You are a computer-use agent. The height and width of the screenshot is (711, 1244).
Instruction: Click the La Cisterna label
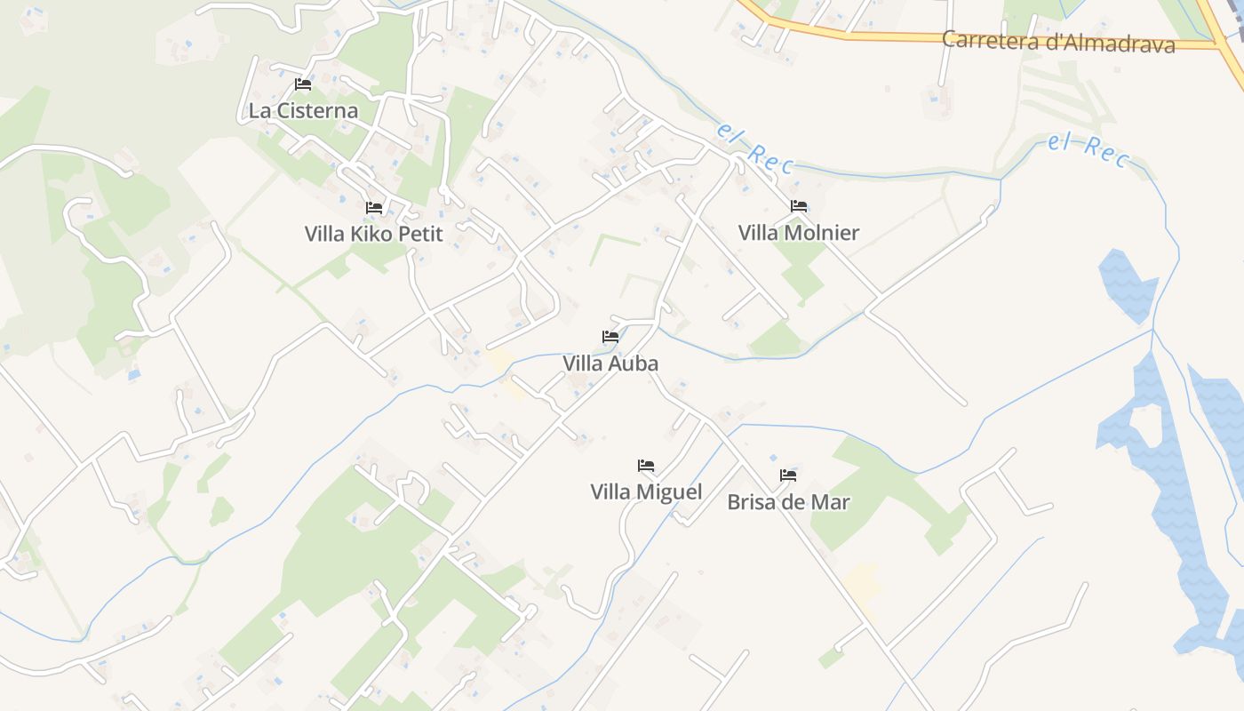303,111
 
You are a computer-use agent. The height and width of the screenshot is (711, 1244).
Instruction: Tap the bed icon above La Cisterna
303,84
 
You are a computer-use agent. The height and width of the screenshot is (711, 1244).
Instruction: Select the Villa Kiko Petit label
373,234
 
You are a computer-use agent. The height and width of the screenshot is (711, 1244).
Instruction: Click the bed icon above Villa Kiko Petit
374,208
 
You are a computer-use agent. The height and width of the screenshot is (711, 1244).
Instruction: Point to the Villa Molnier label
799,233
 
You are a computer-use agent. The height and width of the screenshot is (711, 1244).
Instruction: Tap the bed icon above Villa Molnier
799,206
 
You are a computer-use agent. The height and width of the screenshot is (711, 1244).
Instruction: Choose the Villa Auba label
610,363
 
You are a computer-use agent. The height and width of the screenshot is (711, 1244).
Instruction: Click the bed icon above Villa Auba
610,337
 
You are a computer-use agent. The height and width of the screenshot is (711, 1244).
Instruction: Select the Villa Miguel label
646,492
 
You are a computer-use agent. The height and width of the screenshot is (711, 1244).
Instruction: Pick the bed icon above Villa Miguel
646,466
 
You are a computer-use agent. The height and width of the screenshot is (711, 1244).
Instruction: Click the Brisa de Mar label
788,502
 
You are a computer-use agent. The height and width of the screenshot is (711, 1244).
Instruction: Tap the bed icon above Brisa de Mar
788,475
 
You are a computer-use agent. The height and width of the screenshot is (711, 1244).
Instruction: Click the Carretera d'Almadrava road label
1058,42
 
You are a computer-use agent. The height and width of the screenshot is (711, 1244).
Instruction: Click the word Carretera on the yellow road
985,40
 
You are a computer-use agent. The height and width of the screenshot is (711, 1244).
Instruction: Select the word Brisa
751,502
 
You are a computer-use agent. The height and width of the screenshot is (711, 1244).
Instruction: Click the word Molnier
821,233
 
